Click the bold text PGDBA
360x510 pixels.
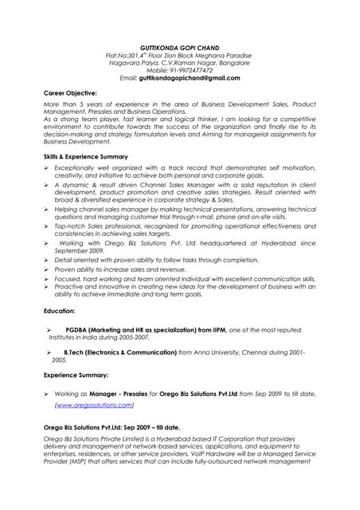click(77, 330)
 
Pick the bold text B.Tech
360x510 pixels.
click(74, 351)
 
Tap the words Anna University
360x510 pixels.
click(224, 351)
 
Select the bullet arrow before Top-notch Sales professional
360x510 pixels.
click(47, 227)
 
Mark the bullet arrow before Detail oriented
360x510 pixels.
click(47, 260)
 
